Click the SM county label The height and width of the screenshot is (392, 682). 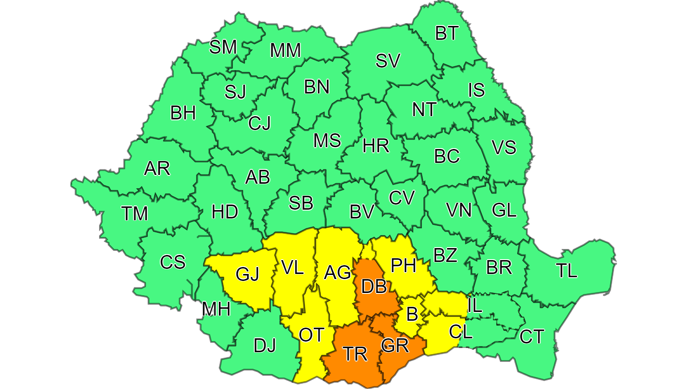[223, 47]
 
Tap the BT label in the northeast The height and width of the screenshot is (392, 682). [446, 33]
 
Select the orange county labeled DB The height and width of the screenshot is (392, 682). [374, 286]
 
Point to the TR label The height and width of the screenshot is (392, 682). [356, 354]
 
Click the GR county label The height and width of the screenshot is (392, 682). [395, 345]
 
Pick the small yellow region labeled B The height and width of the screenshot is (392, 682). [412, 315]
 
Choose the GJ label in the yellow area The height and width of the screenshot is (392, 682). [247, 274]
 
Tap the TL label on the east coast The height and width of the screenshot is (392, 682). [567, 271]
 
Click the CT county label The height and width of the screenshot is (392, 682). [532, 337]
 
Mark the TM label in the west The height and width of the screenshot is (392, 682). [134, 213]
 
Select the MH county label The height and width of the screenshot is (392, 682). [216, 309]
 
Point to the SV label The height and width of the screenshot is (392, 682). [388, 61]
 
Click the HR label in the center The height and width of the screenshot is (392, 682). [375, 146]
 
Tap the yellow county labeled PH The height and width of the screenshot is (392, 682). [403, 265]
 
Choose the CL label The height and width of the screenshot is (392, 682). [461, 331]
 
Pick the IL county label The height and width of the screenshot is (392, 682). [475, 305]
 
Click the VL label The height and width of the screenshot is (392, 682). [292, 267]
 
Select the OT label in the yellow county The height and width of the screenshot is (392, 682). [311, 335]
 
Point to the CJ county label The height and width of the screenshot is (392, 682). [259, 123]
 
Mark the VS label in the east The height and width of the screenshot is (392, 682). [504, 147]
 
